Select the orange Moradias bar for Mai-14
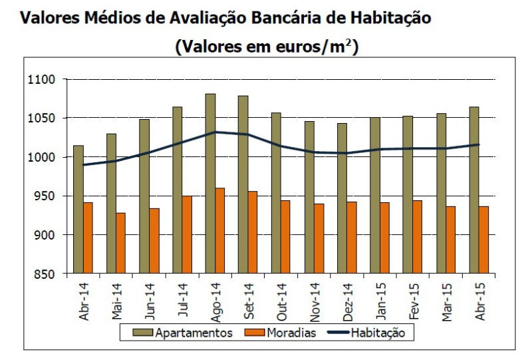(x=121, y=243)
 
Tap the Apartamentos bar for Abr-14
(x=78, y=209)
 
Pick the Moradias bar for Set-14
(x=253, y=232)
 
